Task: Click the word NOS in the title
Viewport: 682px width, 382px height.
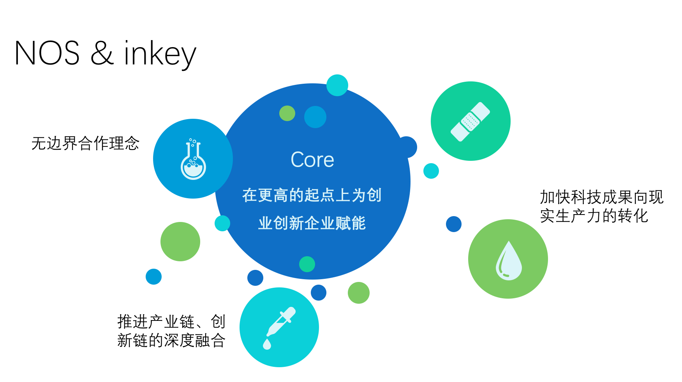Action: coord(47,53)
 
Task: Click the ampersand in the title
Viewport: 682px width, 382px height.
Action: coord(102,53)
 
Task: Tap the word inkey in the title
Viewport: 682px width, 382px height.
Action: coord(160,55)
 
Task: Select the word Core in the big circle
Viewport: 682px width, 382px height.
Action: coord(312,160)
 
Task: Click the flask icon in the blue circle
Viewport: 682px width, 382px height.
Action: coord(193,159)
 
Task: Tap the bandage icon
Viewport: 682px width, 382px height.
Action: coord(471,121)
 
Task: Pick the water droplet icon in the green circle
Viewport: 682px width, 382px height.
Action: coord(508,260)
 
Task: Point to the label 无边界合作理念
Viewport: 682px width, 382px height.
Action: coord(85,143)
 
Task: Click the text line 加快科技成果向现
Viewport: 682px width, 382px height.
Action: coord(601,197)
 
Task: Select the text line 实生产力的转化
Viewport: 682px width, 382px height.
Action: coord(594,216)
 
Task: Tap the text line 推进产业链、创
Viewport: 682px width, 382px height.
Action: coord(171,322)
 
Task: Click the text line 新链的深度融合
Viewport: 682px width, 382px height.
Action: coord(171,340)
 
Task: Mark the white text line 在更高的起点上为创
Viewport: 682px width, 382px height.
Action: coord(312,195)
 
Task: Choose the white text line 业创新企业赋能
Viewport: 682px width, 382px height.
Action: coord(312,223)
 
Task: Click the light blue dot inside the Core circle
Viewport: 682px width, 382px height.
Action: coord(315,117)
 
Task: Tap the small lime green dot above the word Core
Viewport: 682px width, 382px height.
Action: coord(287,113)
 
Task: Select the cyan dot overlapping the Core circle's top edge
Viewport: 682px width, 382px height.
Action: coord(337,85)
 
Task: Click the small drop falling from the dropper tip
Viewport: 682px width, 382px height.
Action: coord(267,344)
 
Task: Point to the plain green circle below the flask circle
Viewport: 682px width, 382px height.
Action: coord(180,241)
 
